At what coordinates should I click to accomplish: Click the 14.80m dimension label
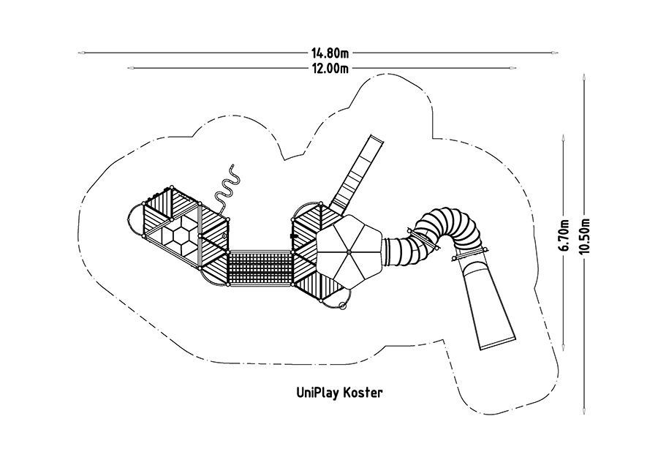(330, 53)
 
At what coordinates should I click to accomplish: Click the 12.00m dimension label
(330, 68)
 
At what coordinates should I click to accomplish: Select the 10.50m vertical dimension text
(585, 236)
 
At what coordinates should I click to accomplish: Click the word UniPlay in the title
(318, 393)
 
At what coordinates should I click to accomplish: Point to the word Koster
(363, 393)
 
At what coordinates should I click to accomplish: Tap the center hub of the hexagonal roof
(349, 252)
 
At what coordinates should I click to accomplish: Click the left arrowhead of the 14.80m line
(82, 53)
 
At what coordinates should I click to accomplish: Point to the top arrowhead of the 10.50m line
(583, 78)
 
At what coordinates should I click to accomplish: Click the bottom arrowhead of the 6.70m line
(563, 346)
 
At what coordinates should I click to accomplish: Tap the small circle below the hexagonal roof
(342, 306)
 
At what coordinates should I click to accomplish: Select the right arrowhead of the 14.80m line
(554, 53)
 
